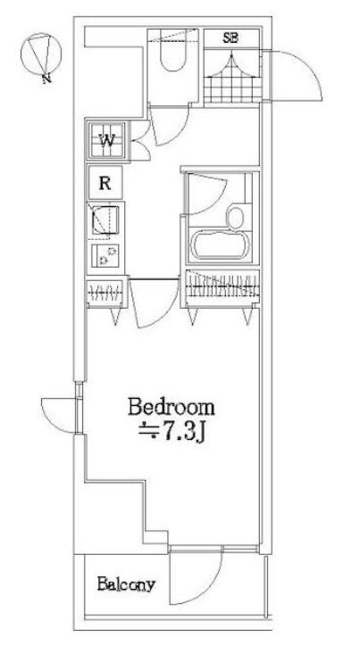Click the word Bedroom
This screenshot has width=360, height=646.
172,408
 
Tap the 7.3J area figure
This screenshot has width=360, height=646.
180,432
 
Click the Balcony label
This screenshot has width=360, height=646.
126,584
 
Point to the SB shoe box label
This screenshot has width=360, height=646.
231,38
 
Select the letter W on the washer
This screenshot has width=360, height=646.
107,140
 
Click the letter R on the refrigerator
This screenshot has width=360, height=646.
105,183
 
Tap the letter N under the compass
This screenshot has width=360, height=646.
47,79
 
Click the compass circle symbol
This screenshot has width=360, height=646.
41,54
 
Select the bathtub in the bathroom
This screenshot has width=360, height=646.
222,244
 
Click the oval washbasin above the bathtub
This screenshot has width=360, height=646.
235,218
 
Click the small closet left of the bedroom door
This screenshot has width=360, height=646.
106,293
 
